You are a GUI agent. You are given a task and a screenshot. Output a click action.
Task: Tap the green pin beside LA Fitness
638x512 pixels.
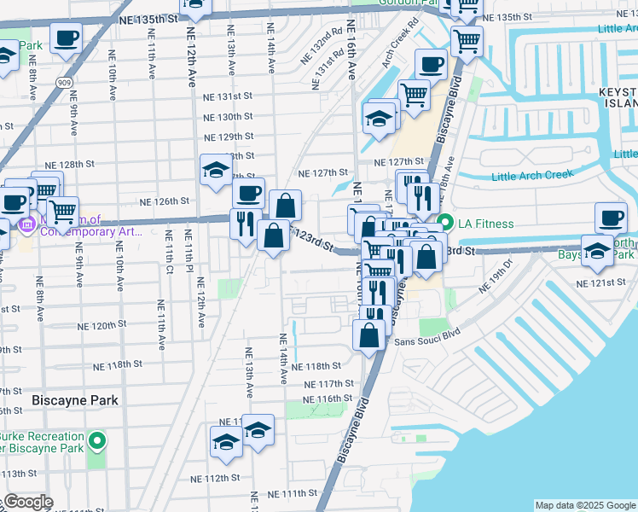click(x=444, y=224)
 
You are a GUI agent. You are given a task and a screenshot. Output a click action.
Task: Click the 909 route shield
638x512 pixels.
click(x=65, y=82)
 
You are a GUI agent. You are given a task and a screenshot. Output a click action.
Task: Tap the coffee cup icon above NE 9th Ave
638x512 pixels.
click(x=66, y=38)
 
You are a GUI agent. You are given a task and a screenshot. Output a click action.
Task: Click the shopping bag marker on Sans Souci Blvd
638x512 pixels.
click(x=370, y=335)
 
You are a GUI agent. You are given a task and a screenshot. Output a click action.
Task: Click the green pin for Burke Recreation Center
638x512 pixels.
click(x=97, y=442)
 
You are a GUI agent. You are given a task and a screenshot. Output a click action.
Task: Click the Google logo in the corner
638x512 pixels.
click(x=28, y=502)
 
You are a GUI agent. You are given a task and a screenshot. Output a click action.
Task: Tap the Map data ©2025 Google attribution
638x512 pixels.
click(x=584, y=505)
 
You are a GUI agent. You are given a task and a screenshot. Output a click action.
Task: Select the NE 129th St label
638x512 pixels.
click(x=228, y=137)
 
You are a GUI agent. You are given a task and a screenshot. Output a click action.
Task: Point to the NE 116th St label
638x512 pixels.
click(x=328, y=399)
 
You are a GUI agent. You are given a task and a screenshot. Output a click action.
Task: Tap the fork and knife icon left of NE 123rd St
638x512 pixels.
click(x=245, y=224)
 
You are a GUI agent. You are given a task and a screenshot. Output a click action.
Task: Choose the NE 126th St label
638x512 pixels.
click(x=164, y=201)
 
